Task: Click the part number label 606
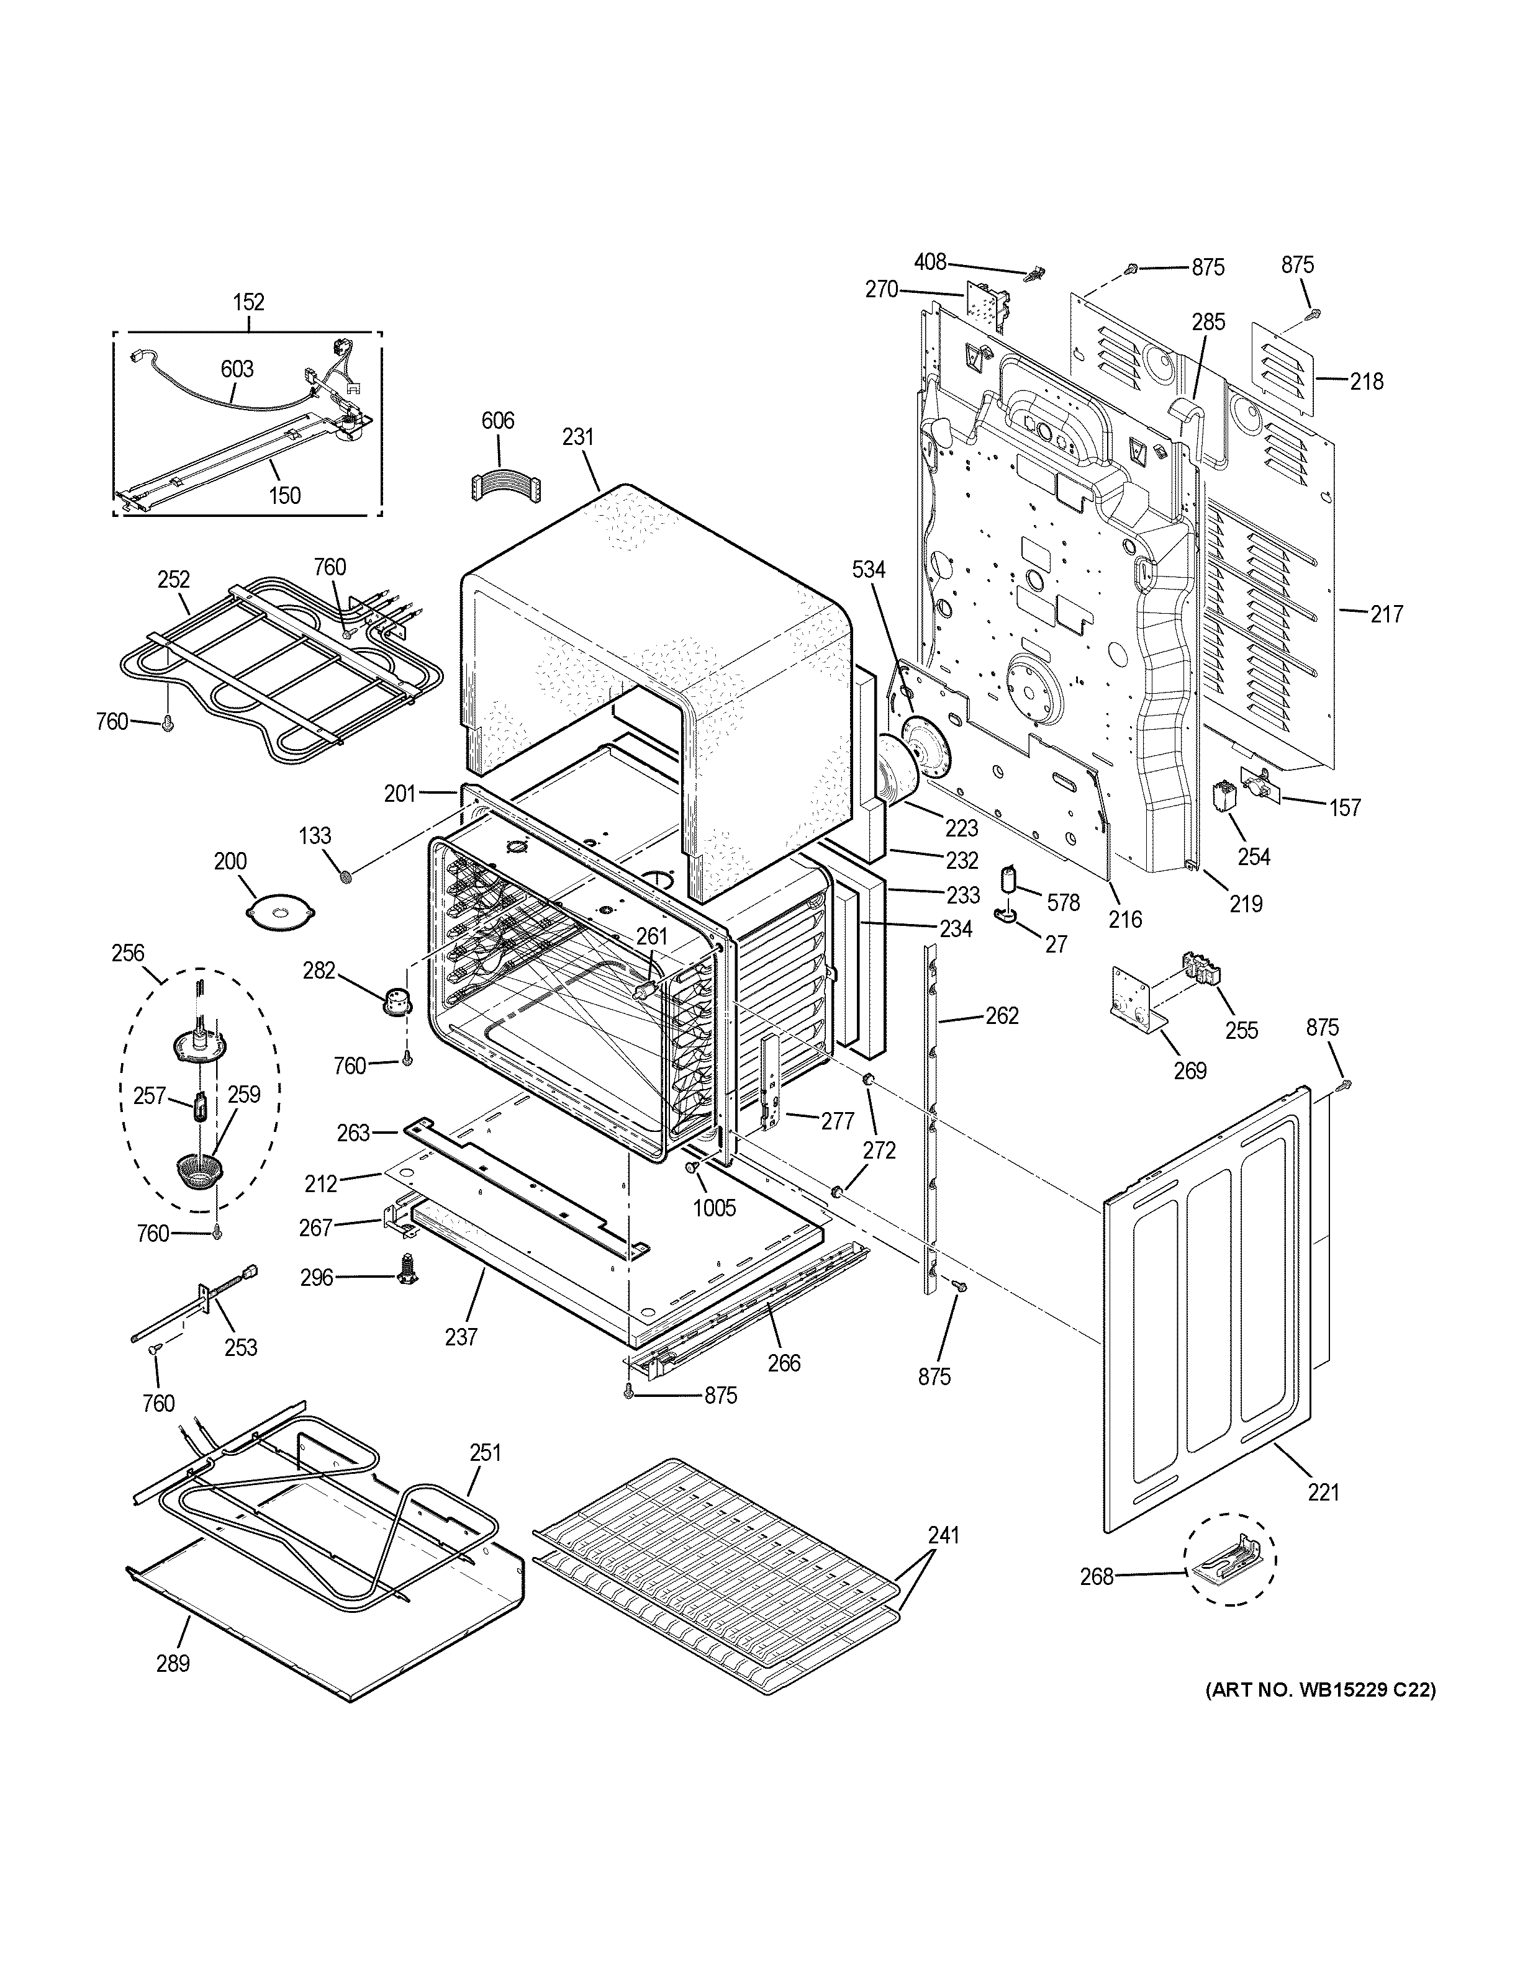(x=497, y=420)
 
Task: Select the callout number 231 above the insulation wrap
(x=578, y=437)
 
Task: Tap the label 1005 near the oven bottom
(x=714, y=1206)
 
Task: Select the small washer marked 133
(x=345, y=876)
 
